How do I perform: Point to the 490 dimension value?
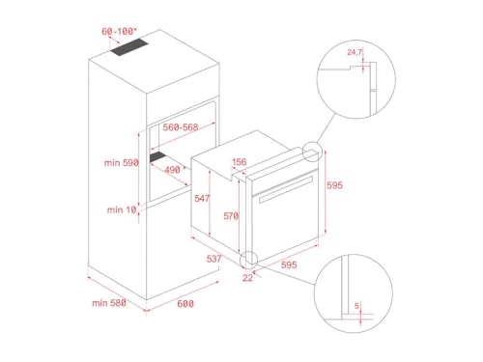click(173, 168)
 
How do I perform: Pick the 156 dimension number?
click(239, 162)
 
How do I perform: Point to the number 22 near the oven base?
click(247, 279)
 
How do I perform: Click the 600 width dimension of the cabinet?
click(185, 304)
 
